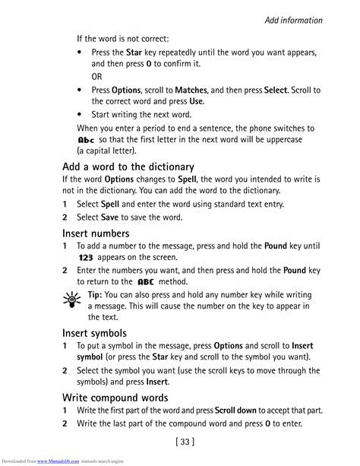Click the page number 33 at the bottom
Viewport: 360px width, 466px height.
coord(180,440)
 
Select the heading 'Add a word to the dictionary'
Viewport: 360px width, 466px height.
coord(128,166)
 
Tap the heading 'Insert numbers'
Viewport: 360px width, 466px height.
coord(96,233)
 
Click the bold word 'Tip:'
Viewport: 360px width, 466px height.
coord(95,294)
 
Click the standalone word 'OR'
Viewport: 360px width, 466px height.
coord(97,77)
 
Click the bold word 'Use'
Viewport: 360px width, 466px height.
coord(196,101)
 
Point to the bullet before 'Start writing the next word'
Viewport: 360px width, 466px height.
coord(81,115)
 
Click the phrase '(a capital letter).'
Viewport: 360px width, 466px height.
coord(106,152)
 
